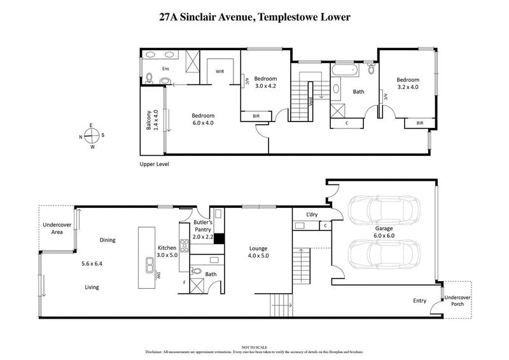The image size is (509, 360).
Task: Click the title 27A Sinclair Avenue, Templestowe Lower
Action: (254, 18)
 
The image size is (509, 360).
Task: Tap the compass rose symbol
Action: (93, 135)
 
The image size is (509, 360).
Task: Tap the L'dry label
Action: (312, 215)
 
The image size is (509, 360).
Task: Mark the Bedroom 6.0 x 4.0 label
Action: (203, 119)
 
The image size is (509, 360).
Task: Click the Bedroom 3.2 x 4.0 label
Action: (407, 83)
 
